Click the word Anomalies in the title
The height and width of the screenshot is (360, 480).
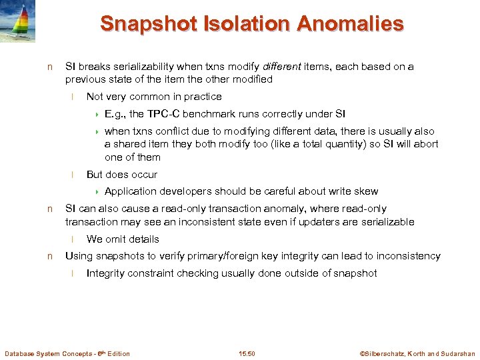coord(350,24)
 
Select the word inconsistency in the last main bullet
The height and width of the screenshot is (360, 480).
coord(409,256)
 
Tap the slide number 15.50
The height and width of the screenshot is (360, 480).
coord(247,353)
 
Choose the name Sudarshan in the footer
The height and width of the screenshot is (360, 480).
coord(456,353)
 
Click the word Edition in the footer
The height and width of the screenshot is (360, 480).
coord(117,353)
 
